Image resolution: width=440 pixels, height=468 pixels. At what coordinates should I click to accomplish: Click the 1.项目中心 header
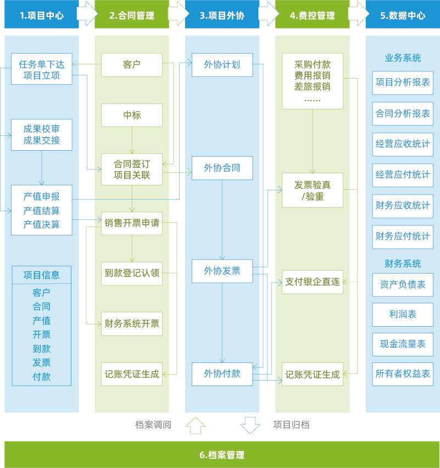coord(42,15)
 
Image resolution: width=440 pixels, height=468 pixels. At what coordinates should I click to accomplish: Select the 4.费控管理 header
coord(312,15)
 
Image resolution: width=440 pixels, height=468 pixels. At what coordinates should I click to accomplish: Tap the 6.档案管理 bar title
coord(222,455)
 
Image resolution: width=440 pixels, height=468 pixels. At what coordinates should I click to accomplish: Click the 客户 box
coord(132,65)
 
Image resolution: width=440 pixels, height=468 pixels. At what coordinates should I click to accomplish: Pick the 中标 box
coord(132,115)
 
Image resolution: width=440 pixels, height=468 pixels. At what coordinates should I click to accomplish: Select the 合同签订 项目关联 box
coord(132,169)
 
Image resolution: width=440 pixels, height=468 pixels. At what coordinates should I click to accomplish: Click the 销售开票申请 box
coord(132,223)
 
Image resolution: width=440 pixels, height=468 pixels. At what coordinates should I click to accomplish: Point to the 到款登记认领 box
coord(132,273)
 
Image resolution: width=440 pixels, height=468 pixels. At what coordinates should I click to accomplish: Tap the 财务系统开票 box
coord(132,323)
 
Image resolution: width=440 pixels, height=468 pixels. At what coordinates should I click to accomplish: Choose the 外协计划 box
coord(222,65)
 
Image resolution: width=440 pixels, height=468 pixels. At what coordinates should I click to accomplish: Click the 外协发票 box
coord(222,271)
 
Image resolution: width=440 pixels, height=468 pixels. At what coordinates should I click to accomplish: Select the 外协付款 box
coord(222,374)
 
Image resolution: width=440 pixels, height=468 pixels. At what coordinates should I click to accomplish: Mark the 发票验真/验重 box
coord(313,190)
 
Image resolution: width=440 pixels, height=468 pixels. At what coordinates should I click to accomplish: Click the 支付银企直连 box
coord(313,282)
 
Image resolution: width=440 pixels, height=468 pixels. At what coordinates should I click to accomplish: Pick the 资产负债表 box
coord(403,285)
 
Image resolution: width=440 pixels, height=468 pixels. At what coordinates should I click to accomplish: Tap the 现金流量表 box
coord(403,344)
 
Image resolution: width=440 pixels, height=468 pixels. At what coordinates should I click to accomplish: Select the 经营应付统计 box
coord(403,175)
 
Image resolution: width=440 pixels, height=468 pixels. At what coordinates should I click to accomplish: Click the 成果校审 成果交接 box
coord(42,135)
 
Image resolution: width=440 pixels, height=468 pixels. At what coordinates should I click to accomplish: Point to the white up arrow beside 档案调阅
coord(195,425)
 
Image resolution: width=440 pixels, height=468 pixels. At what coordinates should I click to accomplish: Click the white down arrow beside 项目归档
coord(250,425)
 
